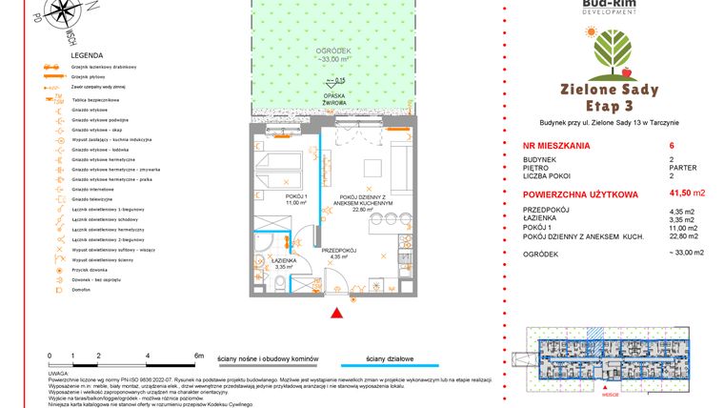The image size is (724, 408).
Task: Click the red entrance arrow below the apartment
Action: pos(334,313)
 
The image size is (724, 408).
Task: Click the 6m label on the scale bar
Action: pos(198,355)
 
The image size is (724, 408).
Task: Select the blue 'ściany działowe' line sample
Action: pos(391,364)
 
